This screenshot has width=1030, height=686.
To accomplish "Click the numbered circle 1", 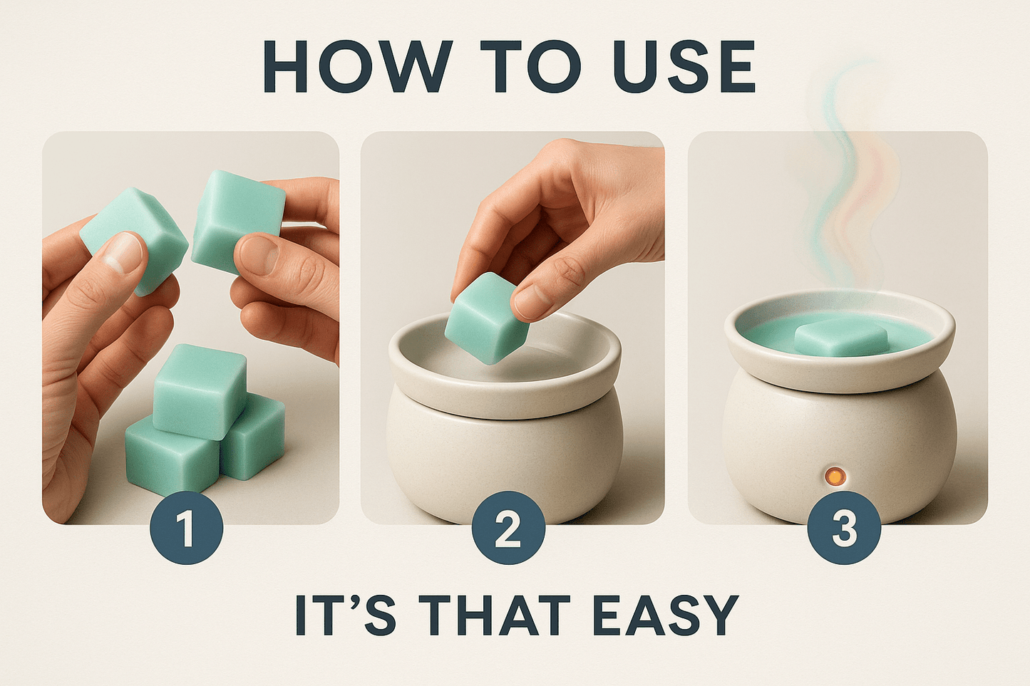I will click(187, 529).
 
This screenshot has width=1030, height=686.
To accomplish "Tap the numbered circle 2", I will click(508, 529).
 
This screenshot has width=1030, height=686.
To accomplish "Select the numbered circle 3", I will click(844, 529).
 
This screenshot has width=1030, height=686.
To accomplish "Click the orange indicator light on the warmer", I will click(833, 474).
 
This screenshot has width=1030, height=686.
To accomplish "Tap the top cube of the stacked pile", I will click(200, 390).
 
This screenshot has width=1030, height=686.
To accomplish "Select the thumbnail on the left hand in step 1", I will click(121, 253).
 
